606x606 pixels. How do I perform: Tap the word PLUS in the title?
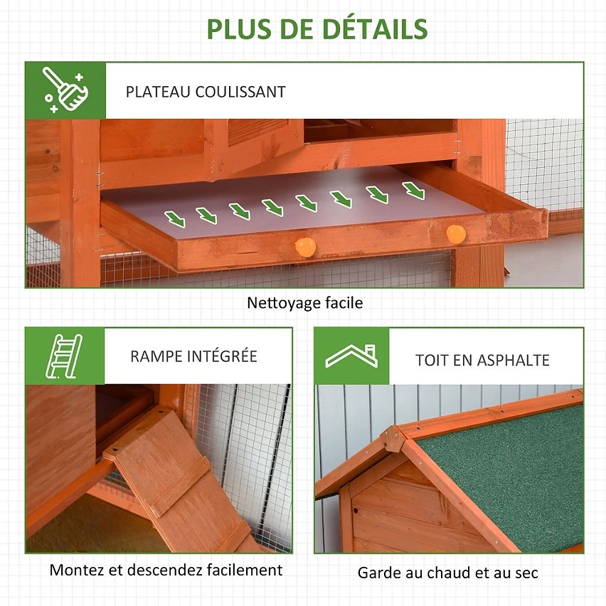coord(239,29)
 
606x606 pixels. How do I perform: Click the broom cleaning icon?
coord(65,90)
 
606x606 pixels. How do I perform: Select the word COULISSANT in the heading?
coord(240,92)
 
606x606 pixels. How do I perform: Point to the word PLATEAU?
coord(158,92)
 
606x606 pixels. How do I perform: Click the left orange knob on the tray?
coord(305,247)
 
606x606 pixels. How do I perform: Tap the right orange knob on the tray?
coord(456,234)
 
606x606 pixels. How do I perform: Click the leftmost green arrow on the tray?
coord(175,219)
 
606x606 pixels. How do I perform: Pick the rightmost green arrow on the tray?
coord(413,191)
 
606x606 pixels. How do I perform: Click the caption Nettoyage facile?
coord(304,303)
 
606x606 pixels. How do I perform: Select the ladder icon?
coord(64,356)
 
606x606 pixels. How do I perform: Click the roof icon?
coord(351,356)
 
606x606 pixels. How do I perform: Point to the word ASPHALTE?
coord(513,360)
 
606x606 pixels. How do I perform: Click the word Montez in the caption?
coord(77,570)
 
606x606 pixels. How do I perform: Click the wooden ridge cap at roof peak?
coord(393,439)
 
